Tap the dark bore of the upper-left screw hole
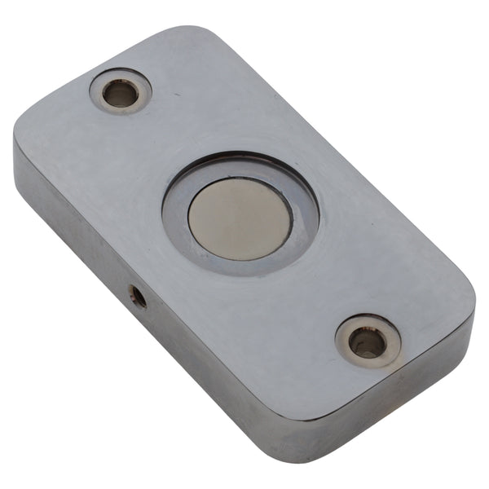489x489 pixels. pyautogui.click(x=121, y=93)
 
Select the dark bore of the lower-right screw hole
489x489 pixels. pyautogui.click(x=368, y=343)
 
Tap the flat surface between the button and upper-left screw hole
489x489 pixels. pyautogui.click(x=167, y=143)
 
